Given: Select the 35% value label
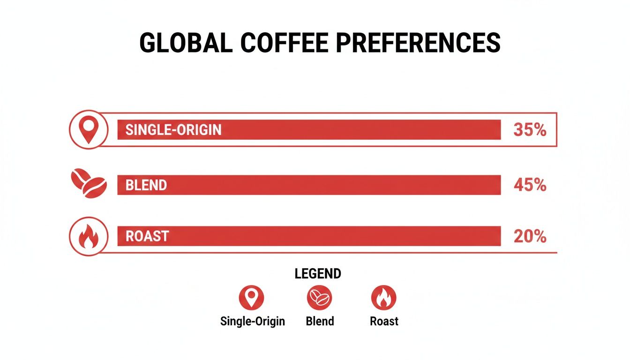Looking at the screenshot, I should tap(530, 130).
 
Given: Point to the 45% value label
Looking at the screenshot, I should tap(530, 185).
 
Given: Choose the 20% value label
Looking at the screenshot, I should tap(530, 236).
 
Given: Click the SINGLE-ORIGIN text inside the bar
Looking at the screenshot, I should tap(173, 130).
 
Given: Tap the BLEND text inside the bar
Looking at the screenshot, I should tap(146, 185).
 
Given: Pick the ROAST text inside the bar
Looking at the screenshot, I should tap(147, 236).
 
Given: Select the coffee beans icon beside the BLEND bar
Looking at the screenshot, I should tap(89, 184).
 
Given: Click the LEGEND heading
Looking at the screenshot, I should tap(318, 274).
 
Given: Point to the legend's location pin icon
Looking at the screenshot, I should tap(251, 298).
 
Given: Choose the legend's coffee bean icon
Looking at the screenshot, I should tap(319, 298).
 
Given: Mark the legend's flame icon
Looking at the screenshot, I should tap(383, 298).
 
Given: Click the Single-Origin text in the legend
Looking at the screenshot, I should tap(253, 322).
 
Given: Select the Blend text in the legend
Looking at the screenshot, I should tap(320, 322).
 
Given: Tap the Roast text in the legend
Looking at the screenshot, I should tap(384, 322).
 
